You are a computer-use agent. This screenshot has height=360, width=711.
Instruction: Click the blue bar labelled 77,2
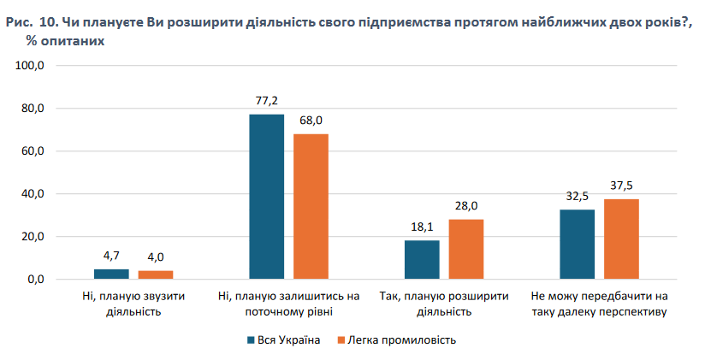(x=266, y=197)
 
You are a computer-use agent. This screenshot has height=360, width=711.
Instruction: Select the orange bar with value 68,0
(x=311, y=206)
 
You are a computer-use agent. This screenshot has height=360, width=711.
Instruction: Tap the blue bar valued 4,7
(x=111, y=274)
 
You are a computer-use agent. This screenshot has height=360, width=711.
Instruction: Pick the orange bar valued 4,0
(x=156, y=274)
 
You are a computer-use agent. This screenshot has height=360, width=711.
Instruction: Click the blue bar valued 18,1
(x=422, y=260)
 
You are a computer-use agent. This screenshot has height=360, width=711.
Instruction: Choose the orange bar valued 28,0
(x=466, y=249)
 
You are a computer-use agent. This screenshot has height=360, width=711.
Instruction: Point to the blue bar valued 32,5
(x=578, y=245)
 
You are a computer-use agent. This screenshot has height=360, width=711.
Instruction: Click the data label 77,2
(x=267, y=101)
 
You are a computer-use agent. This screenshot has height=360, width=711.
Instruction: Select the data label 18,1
(x=422, y=227)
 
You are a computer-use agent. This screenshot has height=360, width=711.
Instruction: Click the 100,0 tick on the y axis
(x=41, y=66)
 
